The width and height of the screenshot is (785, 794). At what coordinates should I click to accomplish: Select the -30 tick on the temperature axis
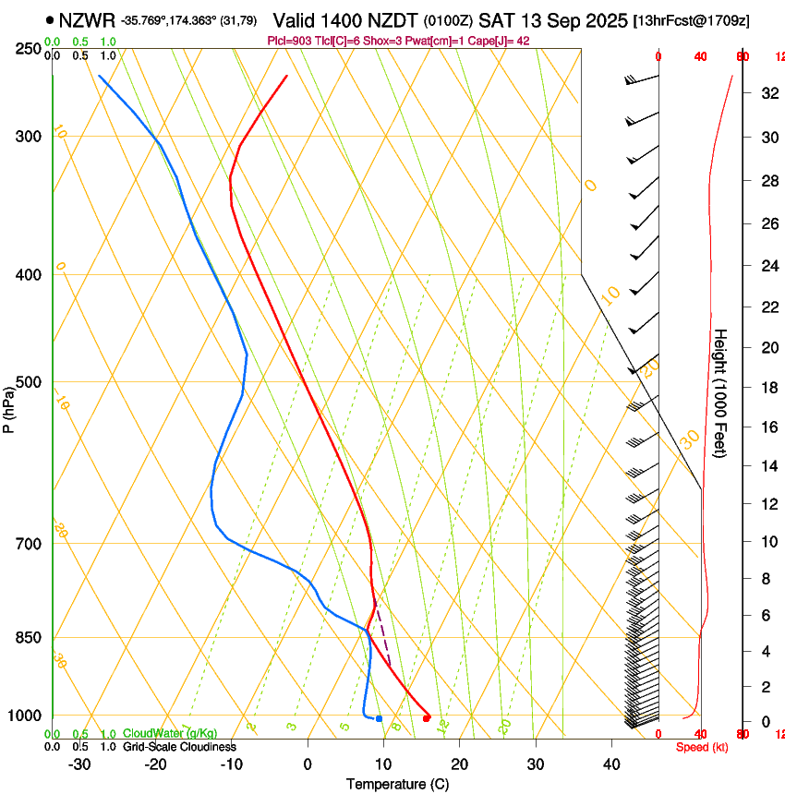(x=79, y=764)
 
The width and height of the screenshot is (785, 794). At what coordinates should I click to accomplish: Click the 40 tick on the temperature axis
(x=611, y=764)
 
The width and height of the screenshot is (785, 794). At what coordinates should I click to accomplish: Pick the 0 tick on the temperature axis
(x=308, y=764)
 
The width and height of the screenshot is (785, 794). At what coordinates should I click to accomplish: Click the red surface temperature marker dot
(x=426, y=717)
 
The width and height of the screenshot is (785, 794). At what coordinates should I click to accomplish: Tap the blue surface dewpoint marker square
(x=379, y=718)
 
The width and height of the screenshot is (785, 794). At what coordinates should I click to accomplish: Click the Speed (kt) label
(x=702, y=747)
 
